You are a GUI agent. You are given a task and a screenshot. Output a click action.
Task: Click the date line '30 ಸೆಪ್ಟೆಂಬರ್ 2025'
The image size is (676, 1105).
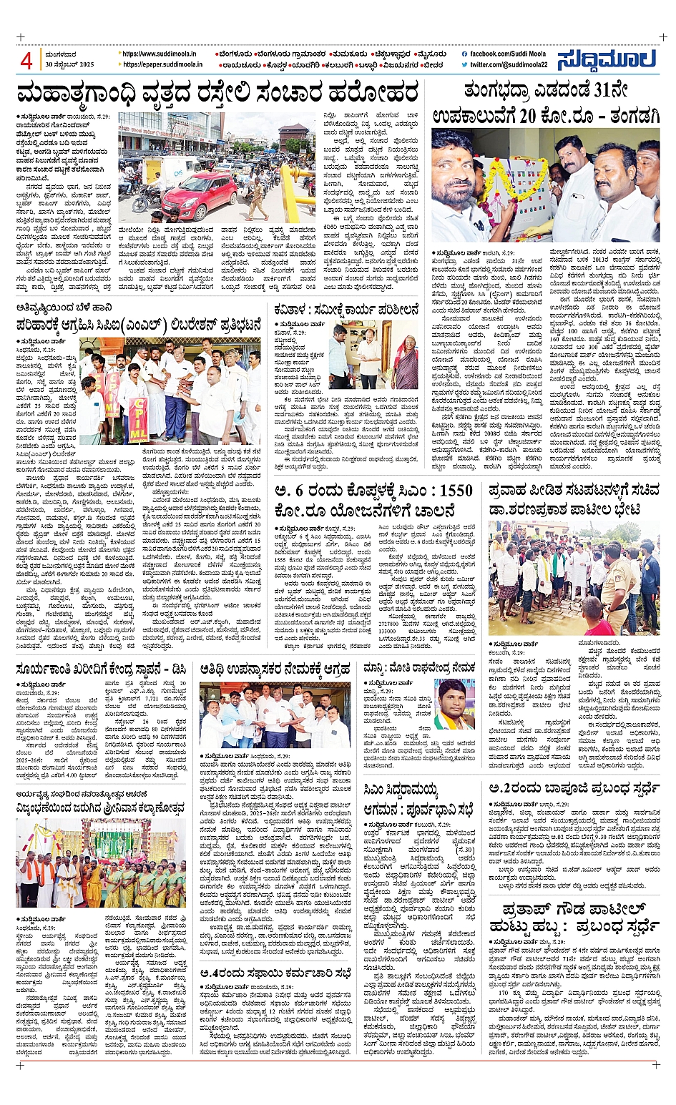[x=69, y=64]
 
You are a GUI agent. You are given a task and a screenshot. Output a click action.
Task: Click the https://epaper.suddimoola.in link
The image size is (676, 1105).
[x=162, y=64]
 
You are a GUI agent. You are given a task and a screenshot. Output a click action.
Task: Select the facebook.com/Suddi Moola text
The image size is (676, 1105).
[x=508, y=54]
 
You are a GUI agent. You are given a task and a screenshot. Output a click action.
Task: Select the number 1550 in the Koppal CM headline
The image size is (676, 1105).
[x=446, y=491]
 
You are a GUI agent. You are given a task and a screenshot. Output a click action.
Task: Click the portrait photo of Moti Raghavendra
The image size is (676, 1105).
[x=456, y=706]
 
